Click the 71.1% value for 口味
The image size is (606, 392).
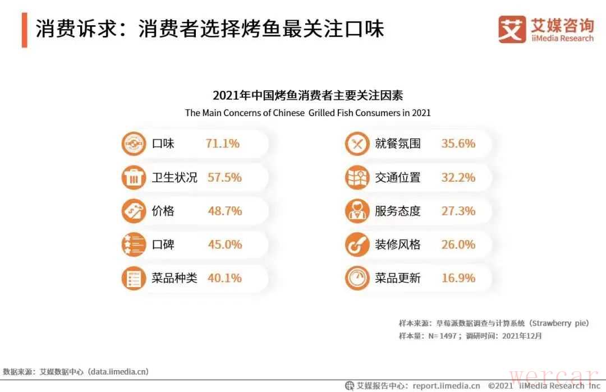[222, 144]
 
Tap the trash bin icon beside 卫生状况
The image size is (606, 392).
[134, 178]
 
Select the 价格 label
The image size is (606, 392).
[163, 211]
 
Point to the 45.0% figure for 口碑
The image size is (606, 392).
[224, 245]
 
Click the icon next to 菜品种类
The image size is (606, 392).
[134, 279]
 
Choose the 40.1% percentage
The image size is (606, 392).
[224, 278]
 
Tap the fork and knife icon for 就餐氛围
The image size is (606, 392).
[357, 144]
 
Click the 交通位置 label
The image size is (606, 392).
[397, 178]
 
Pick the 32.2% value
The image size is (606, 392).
[458, 178]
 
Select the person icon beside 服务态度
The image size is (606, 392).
[357, 211]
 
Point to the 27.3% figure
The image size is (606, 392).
[458, 211]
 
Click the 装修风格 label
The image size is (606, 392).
[397, 245]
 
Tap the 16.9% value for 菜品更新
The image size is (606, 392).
[458, 278]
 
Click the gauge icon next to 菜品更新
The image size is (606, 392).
[357, 279]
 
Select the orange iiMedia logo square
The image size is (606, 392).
[512, 29]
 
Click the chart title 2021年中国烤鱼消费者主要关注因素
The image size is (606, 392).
[307, 95]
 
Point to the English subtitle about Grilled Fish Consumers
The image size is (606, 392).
[307, 112]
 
